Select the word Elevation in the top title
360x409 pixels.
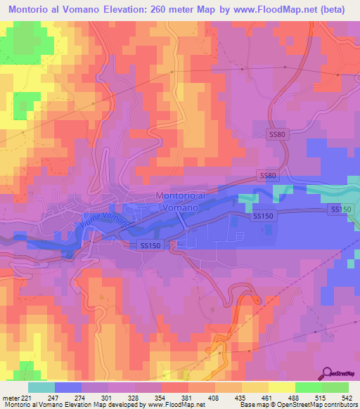tap(120, 8)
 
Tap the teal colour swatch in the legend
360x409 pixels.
tap(41, 388)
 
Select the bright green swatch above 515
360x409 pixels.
tap(307, 388)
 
